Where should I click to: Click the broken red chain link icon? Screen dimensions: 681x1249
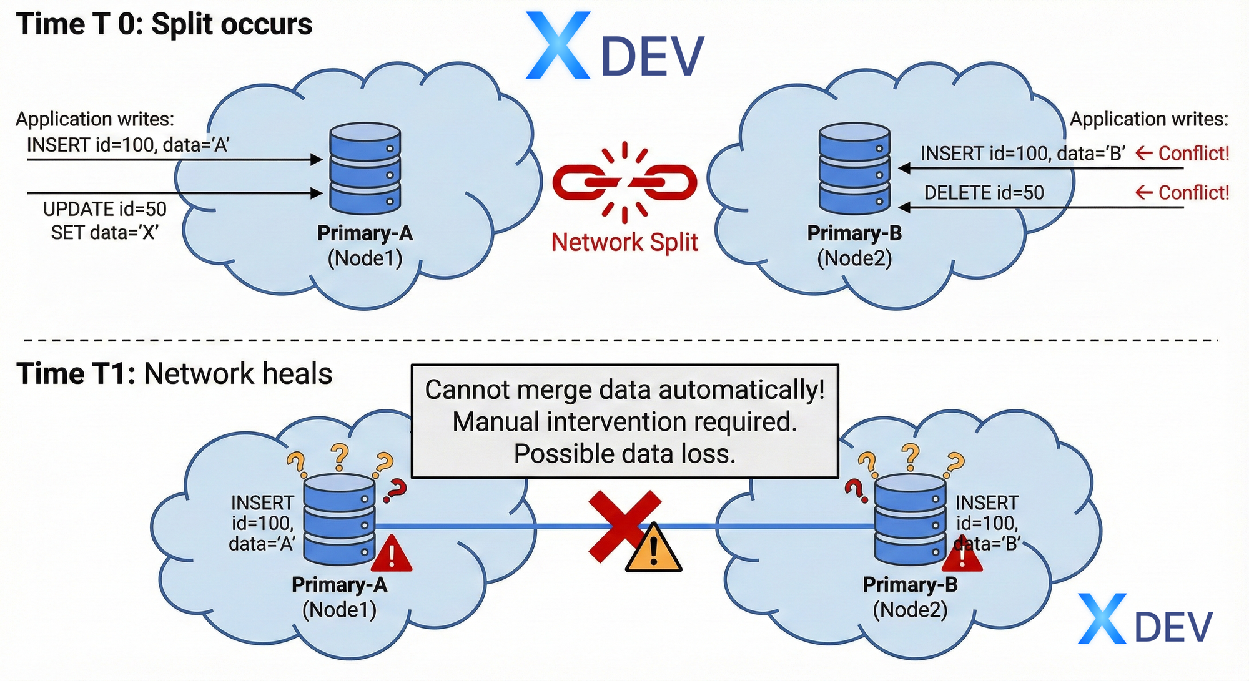click(624, 182)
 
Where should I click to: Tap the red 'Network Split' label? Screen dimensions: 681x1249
click(624, 242)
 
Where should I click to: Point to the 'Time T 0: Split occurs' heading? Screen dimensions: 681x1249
click(164, 25)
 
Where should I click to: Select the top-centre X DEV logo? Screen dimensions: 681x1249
click(615, 47)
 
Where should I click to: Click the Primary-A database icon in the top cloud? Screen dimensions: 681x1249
click(365, 169)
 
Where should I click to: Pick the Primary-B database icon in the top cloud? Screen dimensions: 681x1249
click(854, 169)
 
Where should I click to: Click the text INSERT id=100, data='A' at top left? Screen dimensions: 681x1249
click(128, 145)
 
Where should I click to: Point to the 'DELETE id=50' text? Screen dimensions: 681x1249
click(984, 193)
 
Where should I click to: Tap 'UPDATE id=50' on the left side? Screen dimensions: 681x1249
click(105, 209)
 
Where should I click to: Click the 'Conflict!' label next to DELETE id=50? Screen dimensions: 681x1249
click(1182, 193)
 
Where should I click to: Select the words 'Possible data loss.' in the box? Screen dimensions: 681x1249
click(624, 454)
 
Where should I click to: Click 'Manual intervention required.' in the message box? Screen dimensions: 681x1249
click(624, 422)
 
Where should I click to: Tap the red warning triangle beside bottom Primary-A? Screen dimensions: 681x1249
click(392, 554)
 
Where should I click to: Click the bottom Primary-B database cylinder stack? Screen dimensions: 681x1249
click(910, 519)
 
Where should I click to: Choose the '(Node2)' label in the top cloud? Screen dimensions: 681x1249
click(854, 258)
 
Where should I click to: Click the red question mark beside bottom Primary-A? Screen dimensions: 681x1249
click(395, 491)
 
